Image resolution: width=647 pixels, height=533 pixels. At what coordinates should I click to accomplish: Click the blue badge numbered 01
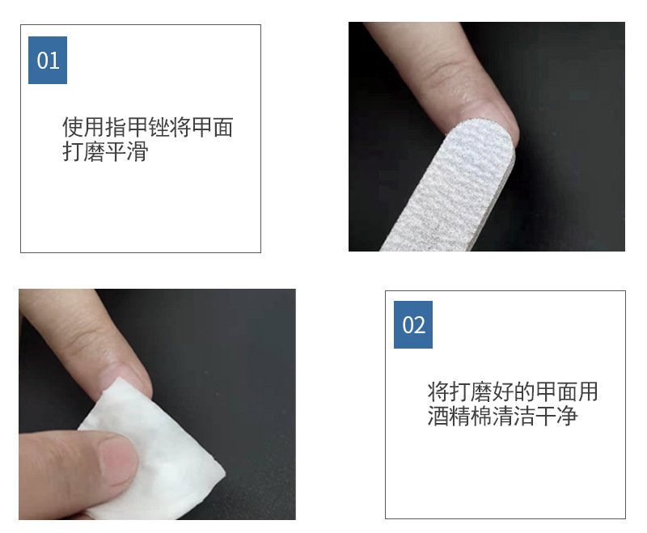tap(48, 60)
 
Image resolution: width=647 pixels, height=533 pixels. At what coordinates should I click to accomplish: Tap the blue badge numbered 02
tap(413, 324)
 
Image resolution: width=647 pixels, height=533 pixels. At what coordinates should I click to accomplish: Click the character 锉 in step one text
tap(159, 127)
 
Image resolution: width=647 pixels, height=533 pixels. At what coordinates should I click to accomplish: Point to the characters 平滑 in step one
tap(126, 151)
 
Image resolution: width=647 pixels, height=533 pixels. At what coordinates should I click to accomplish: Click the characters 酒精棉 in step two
tap(459, 416)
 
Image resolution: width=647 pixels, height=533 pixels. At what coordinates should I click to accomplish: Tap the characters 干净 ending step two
tap(556, 416)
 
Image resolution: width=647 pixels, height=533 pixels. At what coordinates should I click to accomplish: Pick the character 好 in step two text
tap(502, 391)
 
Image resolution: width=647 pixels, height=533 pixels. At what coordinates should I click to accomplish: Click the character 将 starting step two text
tap(438, 391)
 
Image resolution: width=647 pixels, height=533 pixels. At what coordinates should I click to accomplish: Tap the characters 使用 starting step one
tap(84, 127)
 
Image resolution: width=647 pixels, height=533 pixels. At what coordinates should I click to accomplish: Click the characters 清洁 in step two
tap(513, 416)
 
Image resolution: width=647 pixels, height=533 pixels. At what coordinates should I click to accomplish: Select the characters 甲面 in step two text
tap(556, 391)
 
